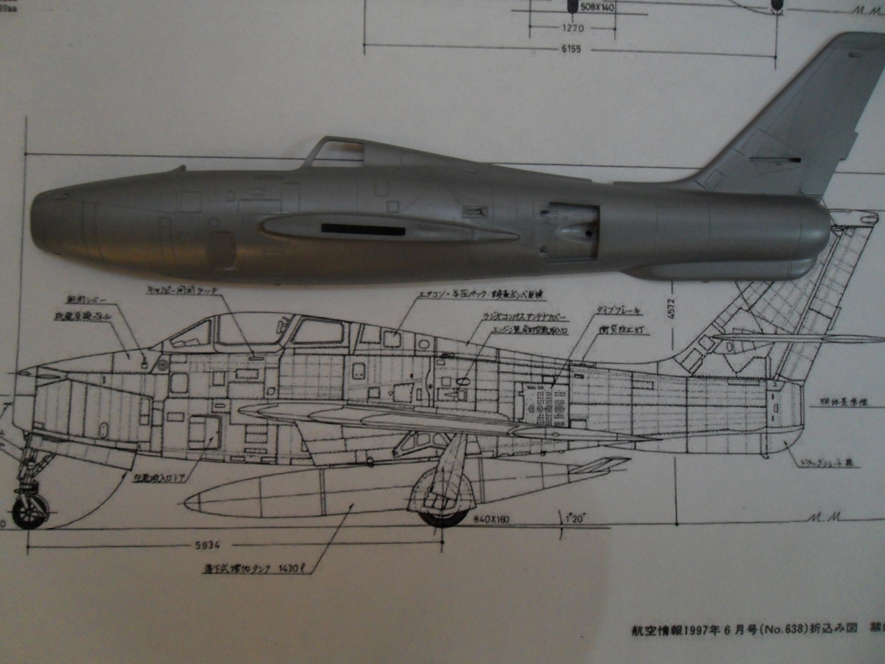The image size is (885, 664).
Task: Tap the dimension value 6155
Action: [x=571, y=49]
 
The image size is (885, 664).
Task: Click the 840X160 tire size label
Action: [x=491, y=519]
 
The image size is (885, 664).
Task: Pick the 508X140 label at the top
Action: [x=597, y=7]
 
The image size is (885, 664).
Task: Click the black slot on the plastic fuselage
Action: [x=363, y=228]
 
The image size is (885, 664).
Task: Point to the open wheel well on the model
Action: [x=570, y=232]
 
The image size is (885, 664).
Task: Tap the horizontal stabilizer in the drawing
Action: [x=796, y=338]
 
